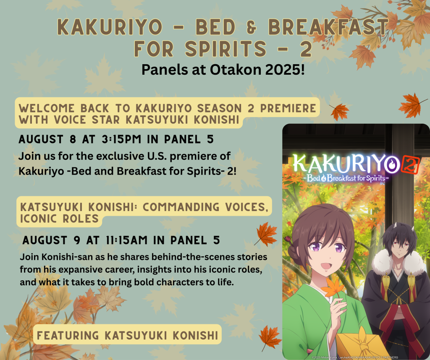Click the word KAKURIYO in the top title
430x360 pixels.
point(110,27)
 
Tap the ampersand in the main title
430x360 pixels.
point(252,27)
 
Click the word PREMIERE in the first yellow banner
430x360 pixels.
point(288,109)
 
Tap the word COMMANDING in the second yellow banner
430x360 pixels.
point(181,207)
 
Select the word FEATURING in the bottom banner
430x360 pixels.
point(68,335)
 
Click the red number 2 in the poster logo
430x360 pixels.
point(410,165)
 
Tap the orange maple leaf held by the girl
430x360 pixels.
point(333,287)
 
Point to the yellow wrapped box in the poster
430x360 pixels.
point(362,343)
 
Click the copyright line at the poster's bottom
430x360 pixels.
point(355,357)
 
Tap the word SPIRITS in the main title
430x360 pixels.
point(225,49)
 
